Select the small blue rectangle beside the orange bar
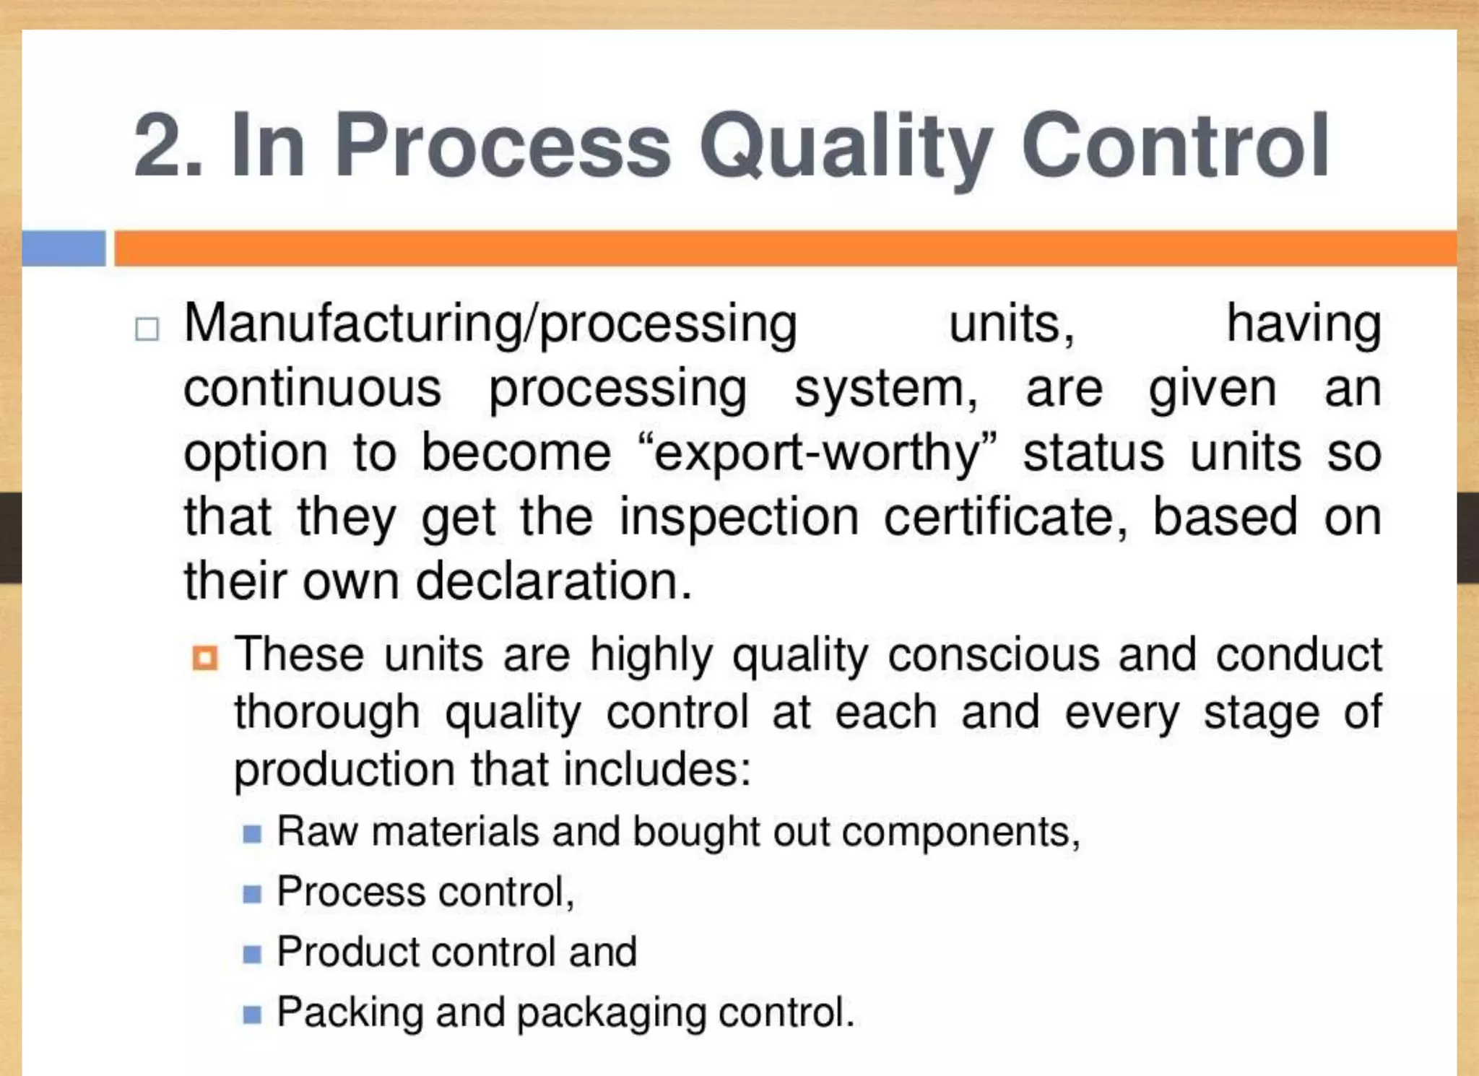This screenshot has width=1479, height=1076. pos(64,248)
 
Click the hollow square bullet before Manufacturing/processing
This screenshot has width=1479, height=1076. pos(147,329)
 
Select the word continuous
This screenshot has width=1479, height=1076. pos(312,389)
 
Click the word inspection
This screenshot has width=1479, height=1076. pos(739,518)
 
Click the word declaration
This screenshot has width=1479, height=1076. pos(554,581)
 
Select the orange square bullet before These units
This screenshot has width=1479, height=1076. pos(205,658)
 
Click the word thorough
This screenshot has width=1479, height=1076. pos(327,713)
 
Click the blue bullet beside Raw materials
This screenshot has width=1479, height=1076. pos(252,834)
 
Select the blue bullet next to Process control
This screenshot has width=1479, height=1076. pos(252,894)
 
